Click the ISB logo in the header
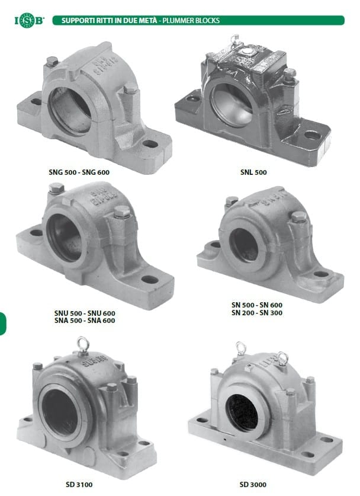point(30,21)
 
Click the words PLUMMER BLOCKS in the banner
point(191,21)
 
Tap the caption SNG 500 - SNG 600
point(79,172)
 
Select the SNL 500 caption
point(253,172)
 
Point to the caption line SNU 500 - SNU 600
point(85,313)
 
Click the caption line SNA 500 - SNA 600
point(85,321)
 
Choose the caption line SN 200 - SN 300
point(257,313)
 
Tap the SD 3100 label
point(79,484)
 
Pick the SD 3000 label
point(253,484)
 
